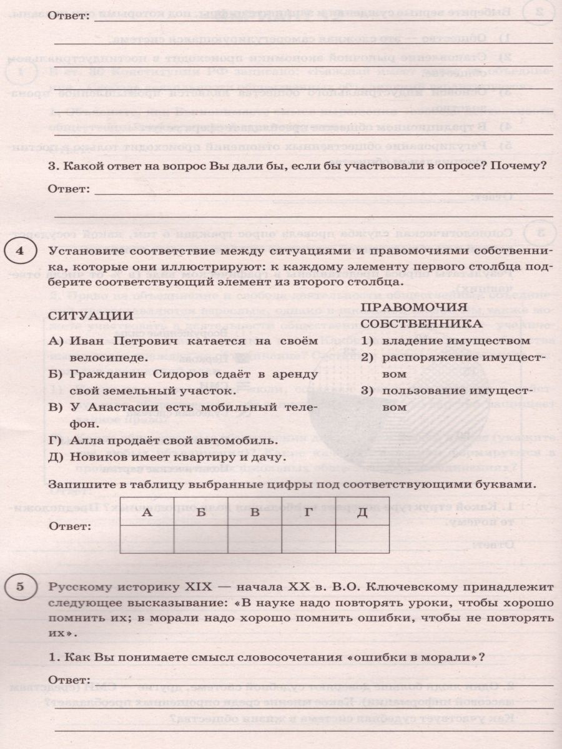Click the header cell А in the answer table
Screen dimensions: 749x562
point(147,512)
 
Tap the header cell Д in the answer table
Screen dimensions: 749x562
point(362,512)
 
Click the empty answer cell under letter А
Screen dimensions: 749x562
point(147,538)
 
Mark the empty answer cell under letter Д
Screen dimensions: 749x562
point(362,538)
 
